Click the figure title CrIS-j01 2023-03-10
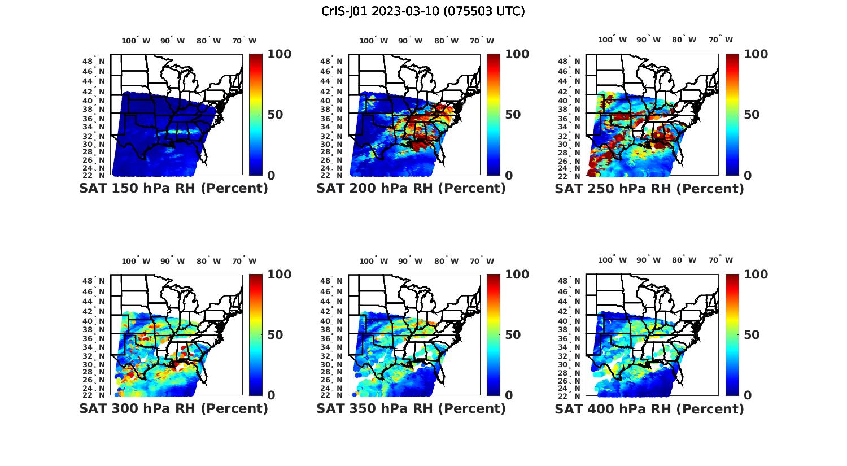423,11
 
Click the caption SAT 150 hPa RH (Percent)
173,189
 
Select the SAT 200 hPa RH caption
411,189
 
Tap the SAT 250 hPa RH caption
649,189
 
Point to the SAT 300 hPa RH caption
173,408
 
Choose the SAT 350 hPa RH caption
411,408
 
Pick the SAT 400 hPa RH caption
649,408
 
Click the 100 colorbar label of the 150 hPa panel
279,54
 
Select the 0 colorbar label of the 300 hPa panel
271,395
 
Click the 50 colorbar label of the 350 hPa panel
513,335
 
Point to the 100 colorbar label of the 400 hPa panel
756,275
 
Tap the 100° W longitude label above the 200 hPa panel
373,41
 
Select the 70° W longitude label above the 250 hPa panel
721,40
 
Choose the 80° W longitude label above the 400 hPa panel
684,260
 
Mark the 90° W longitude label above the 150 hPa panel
172,41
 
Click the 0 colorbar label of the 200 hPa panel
509,176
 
